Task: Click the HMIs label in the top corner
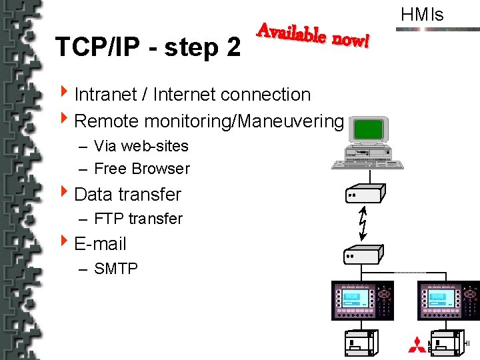pos(422,15)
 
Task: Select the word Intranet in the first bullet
pos(106,95)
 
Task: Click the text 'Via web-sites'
pos(141,146)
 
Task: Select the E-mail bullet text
pos(100,244)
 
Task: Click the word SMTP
pos(116,269)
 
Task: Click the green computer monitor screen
pos(369,129)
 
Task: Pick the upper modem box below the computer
pos(363,193)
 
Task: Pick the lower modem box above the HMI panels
pos(362,253)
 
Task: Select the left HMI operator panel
pos(363,301)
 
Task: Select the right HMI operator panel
pos(448,301)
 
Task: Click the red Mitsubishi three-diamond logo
pos(417,345)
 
